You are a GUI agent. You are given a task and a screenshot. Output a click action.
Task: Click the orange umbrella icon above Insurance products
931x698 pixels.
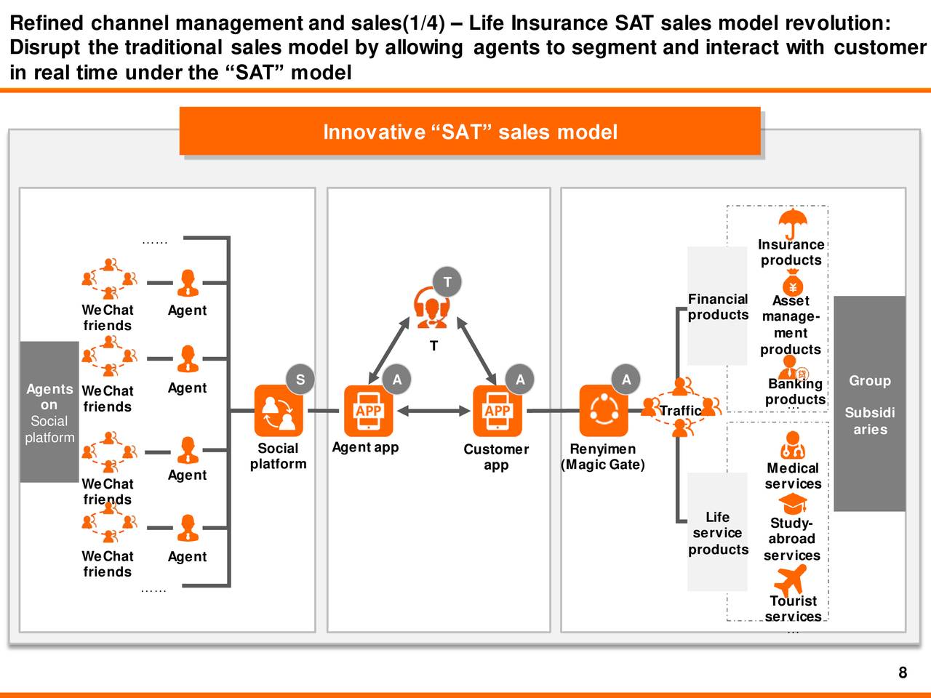click(x=792, y=222)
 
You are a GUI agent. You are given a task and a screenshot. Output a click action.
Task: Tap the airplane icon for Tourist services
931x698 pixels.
click(x=791, y=579)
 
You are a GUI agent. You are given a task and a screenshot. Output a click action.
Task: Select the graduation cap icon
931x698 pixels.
click(x=792, y=503)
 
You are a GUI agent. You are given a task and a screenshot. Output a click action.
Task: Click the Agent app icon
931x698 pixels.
click(x=368, y=411)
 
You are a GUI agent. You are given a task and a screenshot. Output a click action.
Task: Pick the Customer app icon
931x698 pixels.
click(x=498, y=411)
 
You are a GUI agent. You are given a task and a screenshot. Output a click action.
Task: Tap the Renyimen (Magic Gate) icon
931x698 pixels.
click(x=604, y=411)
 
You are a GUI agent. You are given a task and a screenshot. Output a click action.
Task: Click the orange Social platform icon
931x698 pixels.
click(x=279, y=411)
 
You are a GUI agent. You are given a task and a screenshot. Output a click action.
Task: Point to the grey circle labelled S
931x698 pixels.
click(x=300, y=380)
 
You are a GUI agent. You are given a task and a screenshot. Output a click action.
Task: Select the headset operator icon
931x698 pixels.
click(x=431, y=308)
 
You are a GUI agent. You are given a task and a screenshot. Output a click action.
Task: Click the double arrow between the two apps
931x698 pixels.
click(x=433, y=411)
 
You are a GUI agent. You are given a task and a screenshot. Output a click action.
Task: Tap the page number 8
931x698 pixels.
click(x=903, y=673)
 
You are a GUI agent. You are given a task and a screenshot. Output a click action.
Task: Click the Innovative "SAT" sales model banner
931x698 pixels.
click(x=470, y=132)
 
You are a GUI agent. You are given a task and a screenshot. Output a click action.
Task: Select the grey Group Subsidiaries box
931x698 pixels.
click(x=869, y=404)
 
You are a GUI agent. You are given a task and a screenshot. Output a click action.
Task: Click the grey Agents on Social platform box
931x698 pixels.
click(x=49, y=412)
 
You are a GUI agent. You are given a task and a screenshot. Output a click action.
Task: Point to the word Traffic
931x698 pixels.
click(x=680, y=411)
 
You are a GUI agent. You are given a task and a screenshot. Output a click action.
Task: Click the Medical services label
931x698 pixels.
click(x=792, y=476)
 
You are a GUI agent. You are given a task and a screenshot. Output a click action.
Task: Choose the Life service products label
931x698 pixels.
click(x=717, y=533)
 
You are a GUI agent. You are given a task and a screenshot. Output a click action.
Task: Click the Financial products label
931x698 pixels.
click(x=718, y=307)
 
